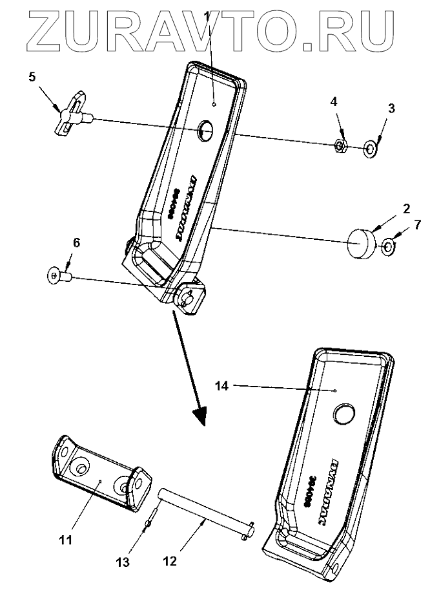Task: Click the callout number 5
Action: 32,77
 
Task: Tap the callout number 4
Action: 334,101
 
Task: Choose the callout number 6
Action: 77,244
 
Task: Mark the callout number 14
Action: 221,385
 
